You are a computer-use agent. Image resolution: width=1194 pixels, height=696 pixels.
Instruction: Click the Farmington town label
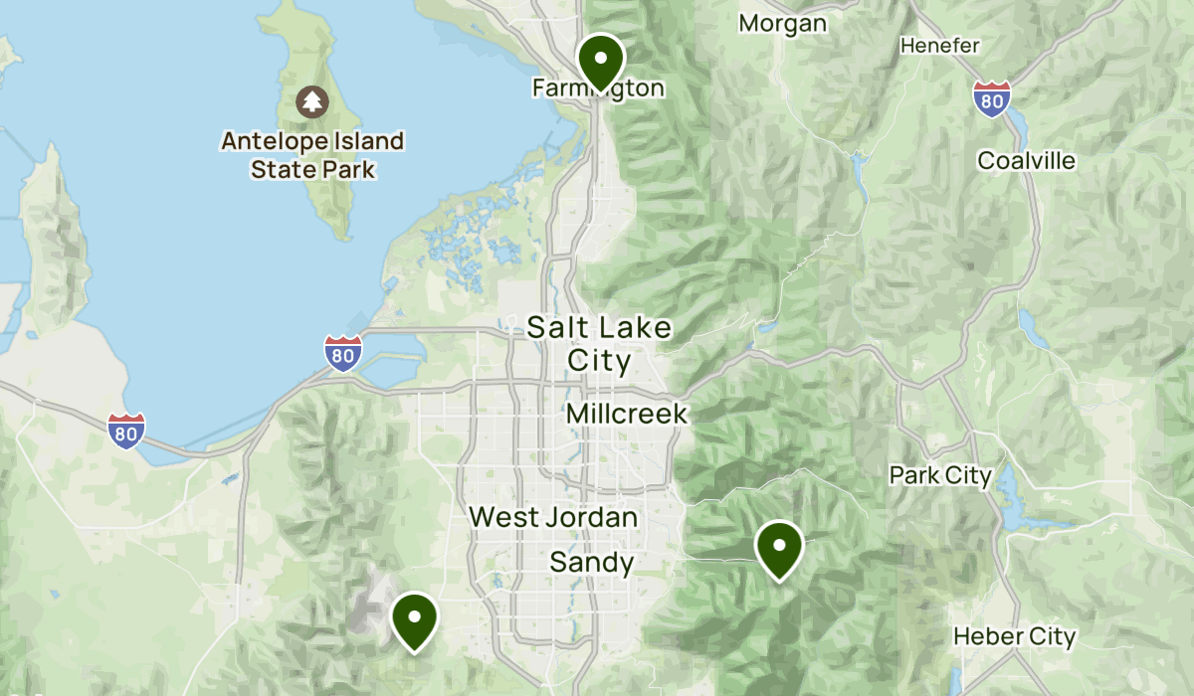point(598,88)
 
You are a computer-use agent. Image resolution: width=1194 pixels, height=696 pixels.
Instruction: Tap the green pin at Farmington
point(601,60)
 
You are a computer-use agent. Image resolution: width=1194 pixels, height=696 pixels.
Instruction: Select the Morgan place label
point(783,23)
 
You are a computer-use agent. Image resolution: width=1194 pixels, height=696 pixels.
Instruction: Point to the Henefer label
point(940,46)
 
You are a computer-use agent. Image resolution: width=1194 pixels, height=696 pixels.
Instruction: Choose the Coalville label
point(1027,160)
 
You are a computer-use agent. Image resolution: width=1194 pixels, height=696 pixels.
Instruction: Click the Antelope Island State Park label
point(312,155)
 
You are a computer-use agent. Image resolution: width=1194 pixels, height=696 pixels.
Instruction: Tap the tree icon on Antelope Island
point(312,100)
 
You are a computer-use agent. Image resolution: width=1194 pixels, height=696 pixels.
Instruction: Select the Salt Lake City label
point(599,343)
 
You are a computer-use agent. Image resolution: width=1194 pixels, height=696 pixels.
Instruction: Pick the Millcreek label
point(627,414)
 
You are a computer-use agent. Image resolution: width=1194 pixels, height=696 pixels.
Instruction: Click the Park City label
point(940,475)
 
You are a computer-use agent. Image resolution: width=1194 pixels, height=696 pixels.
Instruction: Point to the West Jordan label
point(553,517)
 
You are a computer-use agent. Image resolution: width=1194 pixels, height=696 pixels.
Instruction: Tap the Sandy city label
point(592,563)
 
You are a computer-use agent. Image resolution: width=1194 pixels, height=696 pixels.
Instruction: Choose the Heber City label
point(1014,636)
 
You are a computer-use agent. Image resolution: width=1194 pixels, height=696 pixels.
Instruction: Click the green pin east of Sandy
point(779,547)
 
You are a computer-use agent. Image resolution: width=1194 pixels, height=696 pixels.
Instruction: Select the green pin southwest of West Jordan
point(414,618)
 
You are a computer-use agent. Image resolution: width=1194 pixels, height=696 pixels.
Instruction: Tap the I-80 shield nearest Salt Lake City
point(343,353)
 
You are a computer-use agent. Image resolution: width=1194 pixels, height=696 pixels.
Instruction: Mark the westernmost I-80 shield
point(126,431)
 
